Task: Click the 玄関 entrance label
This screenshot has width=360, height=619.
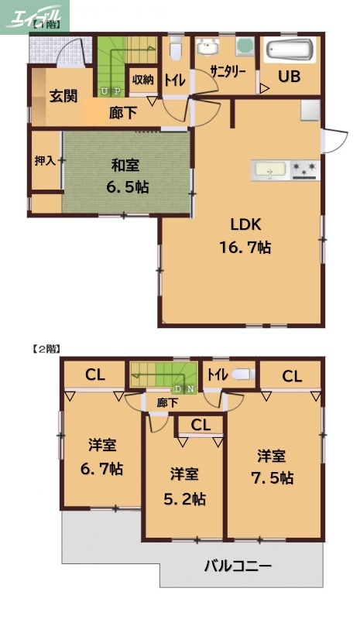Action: pos(63,97)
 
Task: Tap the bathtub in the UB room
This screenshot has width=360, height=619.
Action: pos(289,51)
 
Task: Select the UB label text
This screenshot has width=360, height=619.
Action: pos(289,77)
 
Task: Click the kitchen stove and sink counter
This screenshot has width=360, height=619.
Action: pos(285,169)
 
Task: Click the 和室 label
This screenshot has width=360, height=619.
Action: pos(125,164)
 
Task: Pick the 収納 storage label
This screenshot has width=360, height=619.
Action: pos(142,79)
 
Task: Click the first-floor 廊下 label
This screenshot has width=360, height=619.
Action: pos(123,113)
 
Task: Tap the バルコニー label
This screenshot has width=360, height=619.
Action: pos(238,566)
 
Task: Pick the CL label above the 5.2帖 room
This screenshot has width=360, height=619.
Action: pos(200,424)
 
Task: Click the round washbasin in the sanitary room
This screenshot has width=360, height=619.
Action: pos(206,49)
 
